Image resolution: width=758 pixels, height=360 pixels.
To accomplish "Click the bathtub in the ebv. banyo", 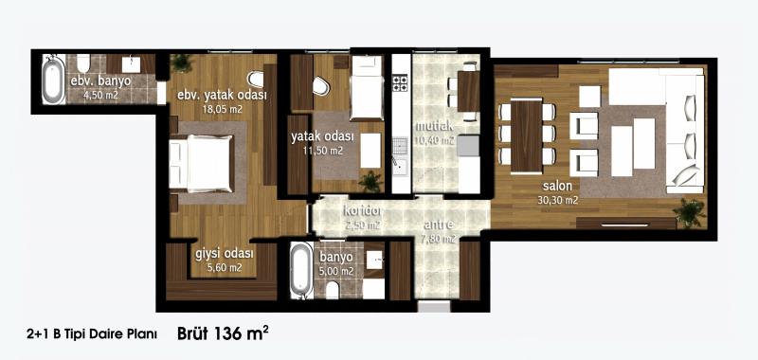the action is tap(53, 80).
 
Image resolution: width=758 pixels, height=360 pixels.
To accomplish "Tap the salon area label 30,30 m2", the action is tap(557, 201).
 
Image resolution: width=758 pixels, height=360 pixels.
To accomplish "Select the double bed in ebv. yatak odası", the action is tap(202, 163).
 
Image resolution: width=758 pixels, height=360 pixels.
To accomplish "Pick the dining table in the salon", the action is tap(527, 135).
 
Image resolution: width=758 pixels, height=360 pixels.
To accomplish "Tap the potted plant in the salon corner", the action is tap(690, 211).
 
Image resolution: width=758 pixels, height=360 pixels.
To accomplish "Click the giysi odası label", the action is tap(225, 253).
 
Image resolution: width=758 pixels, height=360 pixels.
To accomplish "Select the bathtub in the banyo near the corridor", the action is tap(301, 270).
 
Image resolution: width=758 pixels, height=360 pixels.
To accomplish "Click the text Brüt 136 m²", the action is tap(224, 333).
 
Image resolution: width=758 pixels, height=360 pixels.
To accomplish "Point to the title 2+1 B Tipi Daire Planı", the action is tap(92, 334).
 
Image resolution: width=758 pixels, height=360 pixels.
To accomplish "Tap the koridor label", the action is tap(362, 211).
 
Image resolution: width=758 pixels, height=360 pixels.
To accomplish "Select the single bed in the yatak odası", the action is tap(366, 87).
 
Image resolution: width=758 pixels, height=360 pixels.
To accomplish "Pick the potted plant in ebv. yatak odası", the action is tap(182, 63).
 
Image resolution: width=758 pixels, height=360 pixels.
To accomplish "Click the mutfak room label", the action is tap(435, 126).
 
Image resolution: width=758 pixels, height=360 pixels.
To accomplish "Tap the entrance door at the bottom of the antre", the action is tap(434, 306).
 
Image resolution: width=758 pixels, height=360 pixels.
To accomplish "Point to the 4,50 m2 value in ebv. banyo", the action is tap(100, 96).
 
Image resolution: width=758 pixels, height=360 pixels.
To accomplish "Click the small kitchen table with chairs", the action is tap(468, 91).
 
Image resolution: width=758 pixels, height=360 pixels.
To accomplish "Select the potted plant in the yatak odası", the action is tap(370, 181).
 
